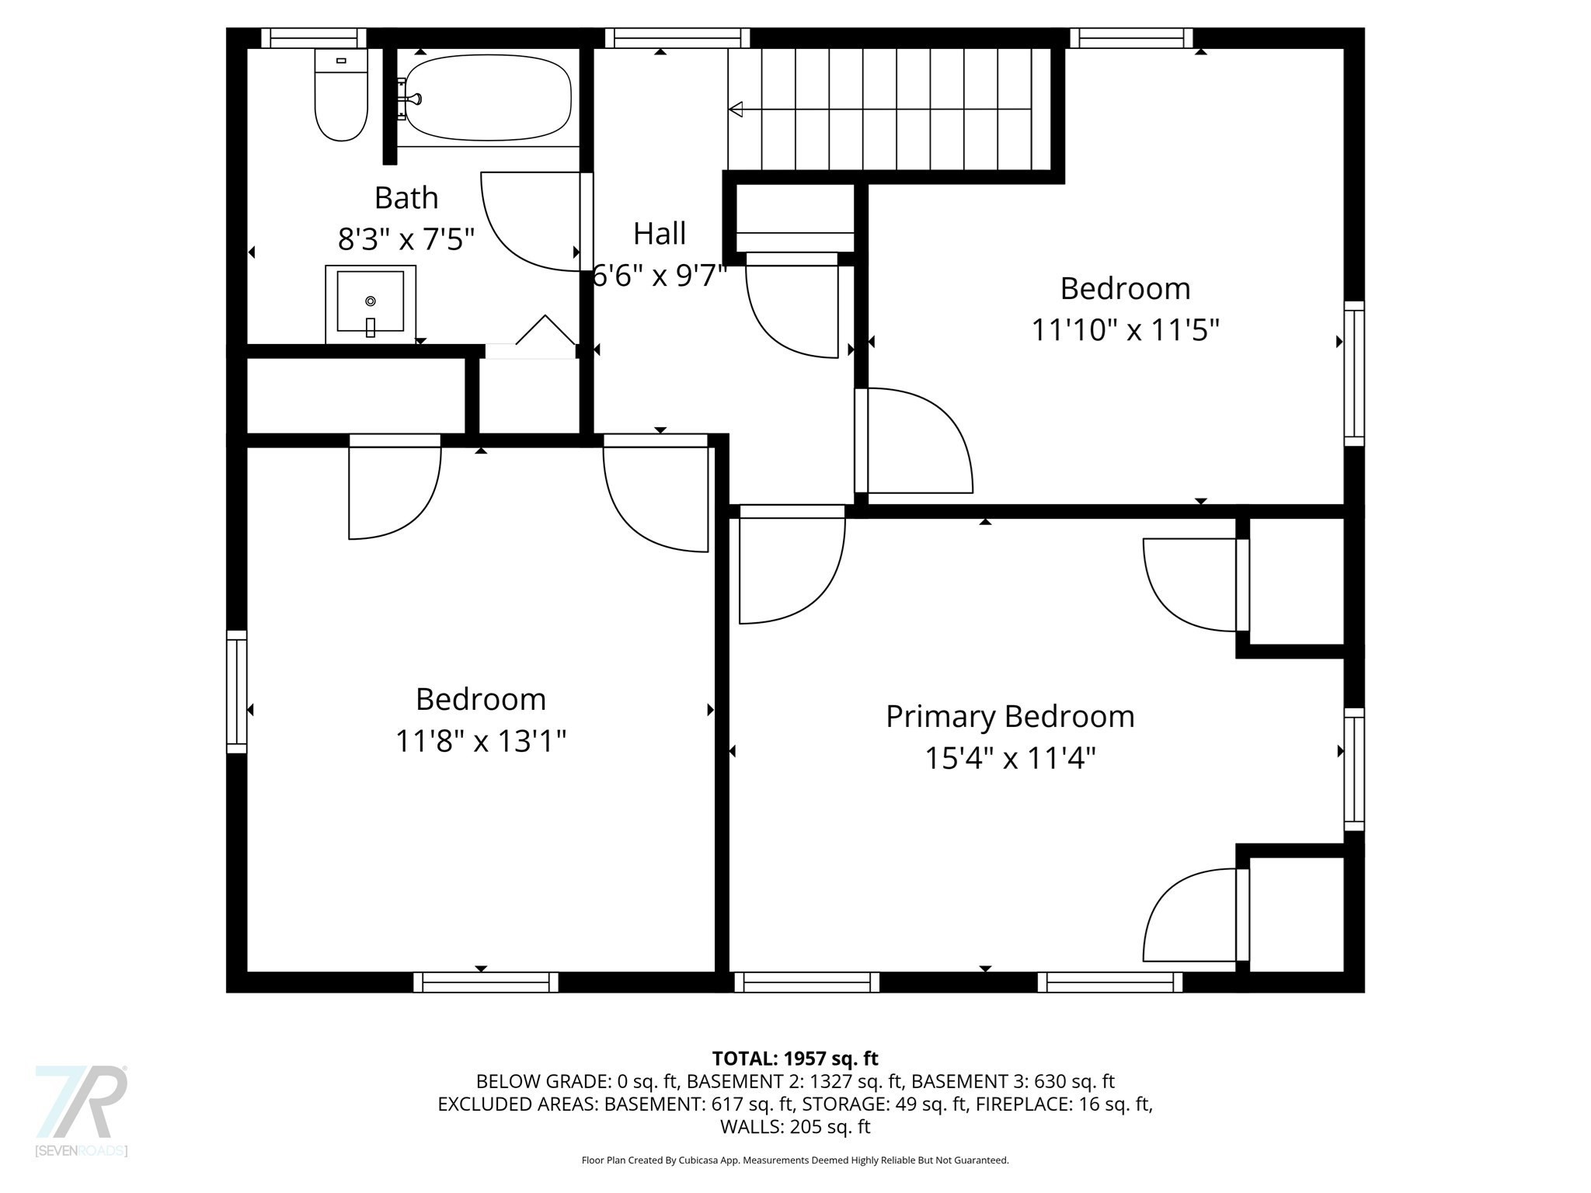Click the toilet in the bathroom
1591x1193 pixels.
[x=340, y=97]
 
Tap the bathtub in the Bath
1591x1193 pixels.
[x=488, y=98]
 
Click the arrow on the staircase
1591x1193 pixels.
[x=736, y=110]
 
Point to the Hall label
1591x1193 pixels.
[x=660, y=234]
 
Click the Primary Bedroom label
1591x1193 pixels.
[x=1010, y=716]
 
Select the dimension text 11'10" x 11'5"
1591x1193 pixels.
[x=1125, y=330]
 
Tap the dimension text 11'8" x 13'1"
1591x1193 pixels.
[x=480, y=741]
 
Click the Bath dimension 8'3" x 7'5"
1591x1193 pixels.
[x=406, y=239]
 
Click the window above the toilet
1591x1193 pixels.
[x=313, y=38]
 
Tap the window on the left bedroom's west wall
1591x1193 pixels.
[x=237, y=692]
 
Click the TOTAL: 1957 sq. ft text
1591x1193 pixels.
[x=795, y=1059]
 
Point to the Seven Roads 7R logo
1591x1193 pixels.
[x=82, y=1103]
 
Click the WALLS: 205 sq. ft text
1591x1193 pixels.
[x=795, y=1127]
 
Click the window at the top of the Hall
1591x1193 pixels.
[x=677, y=38]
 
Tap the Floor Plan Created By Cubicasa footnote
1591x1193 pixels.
[x=795, y=1160]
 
